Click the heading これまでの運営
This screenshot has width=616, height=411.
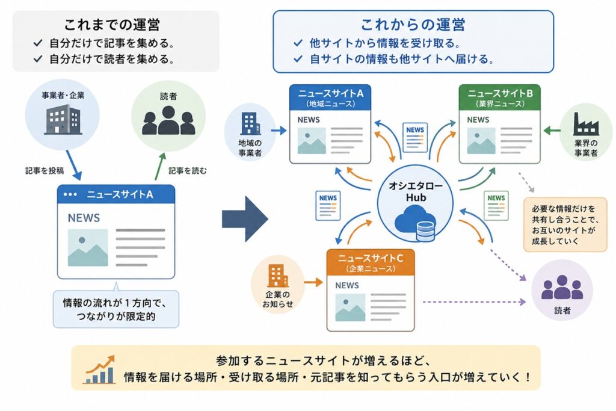click(x=112, y=25)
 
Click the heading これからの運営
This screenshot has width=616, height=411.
click(x=413, y=25)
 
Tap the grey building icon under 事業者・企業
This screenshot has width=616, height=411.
click(x=63, y=120)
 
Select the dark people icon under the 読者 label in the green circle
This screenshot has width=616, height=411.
click(x=168, y=121)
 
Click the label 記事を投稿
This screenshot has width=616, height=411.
click(x=45, y=170)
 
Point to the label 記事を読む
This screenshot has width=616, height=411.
click(x=188, y=170)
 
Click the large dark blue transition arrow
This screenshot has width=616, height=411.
click(x=245, y=219)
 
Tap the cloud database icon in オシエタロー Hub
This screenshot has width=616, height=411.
click(x=416, y=223)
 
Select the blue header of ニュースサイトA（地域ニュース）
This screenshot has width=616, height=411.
click(x=330, y=97)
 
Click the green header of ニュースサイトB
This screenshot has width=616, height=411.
click(x=500, y=97)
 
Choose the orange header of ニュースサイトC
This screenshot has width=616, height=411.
click(x=371, y=262)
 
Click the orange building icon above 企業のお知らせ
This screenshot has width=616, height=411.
click(x=278, y=276)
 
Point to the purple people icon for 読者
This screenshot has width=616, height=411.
click(x=562, y=287)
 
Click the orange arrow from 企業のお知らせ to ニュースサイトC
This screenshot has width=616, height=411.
click(x=313, y=282)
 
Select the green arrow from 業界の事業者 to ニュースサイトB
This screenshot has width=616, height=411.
click(x=552, y=131)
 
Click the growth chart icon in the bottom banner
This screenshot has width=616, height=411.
click(x=100, y=369)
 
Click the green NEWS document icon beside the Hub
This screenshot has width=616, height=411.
click(x=496, y=206)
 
